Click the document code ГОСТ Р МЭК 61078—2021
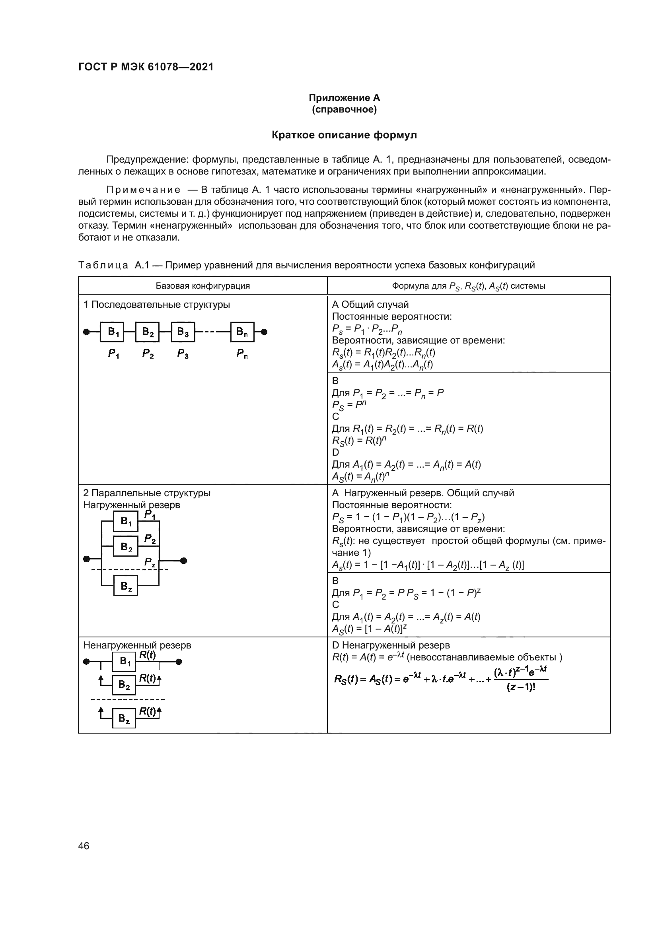point(146,67)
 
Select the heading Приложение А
point(344,98)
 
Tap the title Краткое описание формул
point(344,135)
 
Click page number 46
point(84,846)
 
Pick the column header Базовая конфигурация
point(202,286)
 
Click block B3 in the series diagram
point(183,332)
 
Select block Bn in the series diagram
point(242,332)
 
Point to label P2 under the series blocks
point(148,354)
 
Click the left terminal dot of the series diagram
point(86,332)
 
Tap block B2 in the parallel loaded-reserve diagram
point(126,546)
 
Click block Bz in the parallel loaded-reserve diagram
point(126,586)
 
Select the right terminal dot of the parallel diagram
point(183,561)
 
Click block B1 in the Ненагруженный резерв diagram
point(124,662)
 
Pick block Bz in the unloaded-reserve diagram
point(124,718)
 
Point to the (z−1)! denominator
point(521,688)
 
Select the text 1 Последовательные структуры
point(156,305)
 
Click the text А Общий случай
point(370,305)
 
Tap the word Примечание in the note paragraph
point(144,190)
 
